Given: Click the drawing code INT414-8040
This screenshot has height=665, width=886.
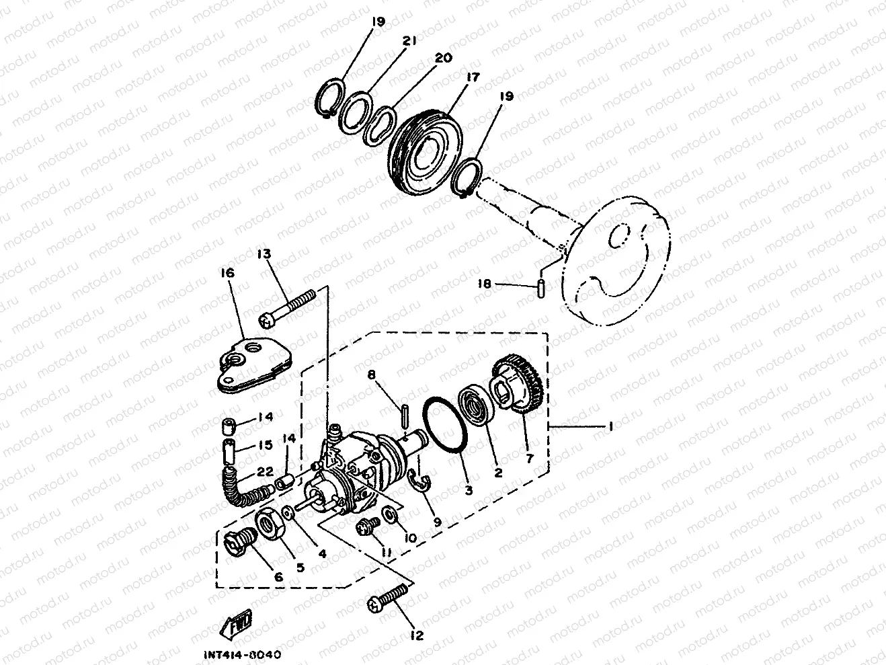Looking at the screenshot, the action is coord(243,654).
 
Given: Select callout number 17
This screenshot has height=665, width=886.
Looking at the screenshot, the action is coord(473,77).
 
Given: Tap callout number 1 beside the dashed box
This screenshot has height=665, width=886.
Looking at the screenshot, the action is coord(610,426).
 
